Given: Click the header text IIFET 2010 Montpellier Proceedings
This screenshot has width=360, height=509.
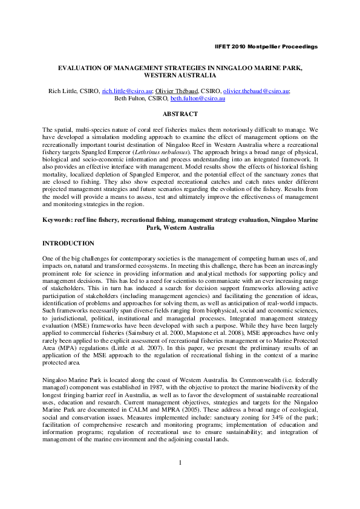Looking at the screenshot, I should click(x=266, y=47).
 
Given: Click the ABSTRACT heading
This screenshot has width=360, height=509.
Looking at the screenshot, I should click(x=180, y=114).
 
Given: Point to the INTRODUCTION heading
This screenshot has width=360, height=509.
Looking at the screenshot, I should click(x=68, y=243).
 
